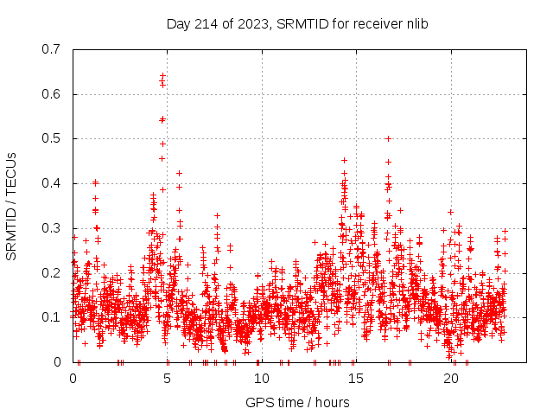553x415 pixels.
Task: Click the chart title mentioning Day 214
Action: click(297, 23)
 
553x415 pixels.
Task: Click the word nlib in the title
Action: click(416, 23)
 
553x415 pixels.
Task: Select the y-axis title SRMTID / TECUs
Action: click(11, 206)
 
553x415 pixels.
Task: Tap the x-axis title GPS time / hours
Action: click(297, 402)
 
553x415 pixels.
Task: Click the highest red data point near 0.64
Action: click(162, 76)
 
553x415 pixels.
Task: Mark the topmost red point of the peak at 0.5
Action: click(388, 138)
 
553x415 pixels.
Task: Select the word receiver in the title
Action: click(376, 23)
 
